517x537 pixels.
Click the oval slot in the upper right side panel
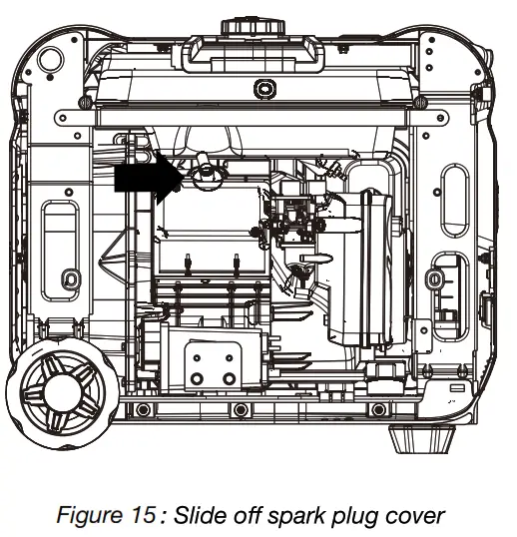(x=455, y=199)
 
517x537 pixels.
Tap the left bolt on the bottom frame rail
(x=144, y=411)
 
